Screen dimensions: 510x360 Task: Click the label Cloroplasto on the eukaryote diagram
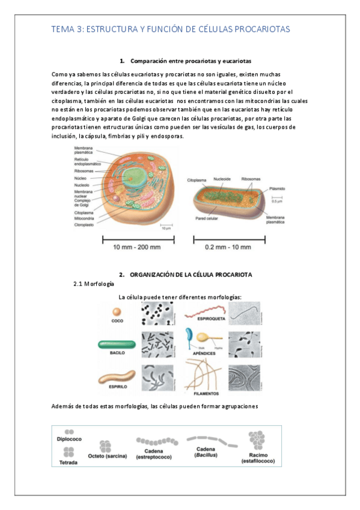(84, 225)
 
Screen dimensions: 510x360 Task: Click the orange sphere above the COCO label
(117, 312)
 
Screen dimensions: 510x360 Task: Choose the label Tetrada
(69, 462)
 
